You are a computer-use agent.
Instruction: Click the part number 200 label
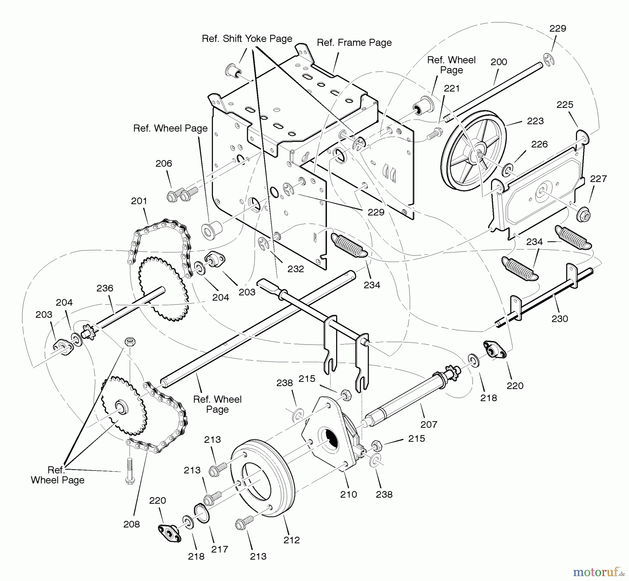click(499, 62)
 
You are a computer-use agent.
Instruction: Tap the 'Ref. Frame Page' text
click(354, 43)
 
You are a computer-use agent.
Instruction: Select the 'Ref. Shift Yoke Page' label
click(247, 38)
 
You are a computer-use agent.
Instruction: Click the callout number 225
click(565, 104)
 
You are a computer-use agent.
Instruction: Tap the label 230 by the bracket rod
click(559, 319)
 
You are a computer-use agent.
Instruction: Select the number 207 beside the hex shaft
click(429, 424)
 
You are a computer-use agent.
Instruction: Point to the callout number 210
click(348, 494)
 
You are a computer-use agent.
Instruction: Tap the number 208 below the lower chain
click(131, 524)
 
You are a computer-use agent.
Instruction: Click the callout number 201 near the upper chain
click(139, 201)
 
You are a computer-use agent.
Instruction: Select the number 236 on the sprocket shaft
click(105, 288)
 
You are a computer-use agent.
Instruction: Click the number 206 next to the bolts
click(164, 163)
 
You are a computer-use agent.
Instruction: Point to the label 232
click(296, 269)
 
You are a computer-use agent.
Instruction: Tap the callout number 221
click(451, 89)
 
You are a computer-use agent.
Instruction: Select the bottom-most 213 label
click(258, 557)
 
